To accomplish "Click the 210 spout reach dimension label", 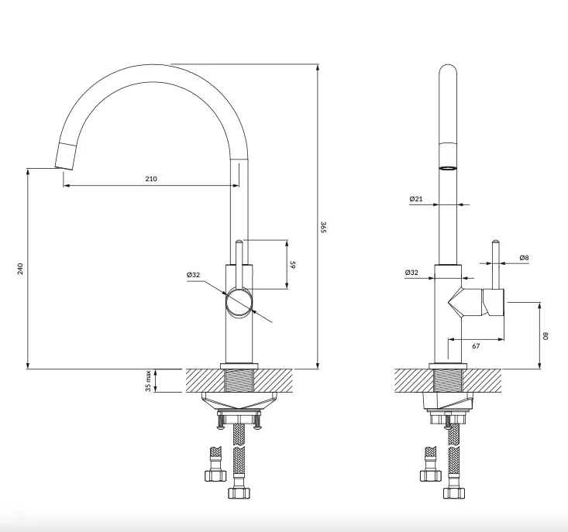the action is pos(151,179).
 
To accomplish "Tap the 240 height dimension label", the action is pos(20,269).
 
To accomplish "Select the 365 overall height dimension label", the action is pos(324,227).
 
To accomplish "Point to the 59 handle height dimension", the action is pos(293,265).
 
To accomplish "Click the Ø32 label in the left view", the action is pos(194,275).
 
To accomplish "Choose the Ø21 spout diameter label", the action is pos(416,199).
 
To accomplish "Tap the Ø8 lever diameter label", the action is pos(524,258).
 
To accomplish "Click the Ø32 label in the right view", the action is pos(411,272).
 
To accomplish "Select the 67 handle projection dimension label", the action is pos(476,346).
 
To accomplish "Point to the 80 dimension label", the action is pos(546,336).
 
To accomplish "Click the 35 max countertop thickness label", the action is pos(148,380).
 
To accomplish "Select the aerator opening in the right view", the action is pos(448,168).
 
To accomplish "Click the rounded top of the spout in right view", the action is pos(448,70).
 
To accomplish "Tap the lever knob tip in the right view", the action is pos(496,242).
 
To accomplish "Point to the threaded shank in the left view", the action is pos(239,380).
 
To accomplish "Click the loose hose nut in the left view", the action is pos(215,475).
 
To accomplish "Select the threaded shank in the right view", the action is pos(448,380).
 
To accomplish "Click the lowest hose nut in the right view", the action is pos(454,493).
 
